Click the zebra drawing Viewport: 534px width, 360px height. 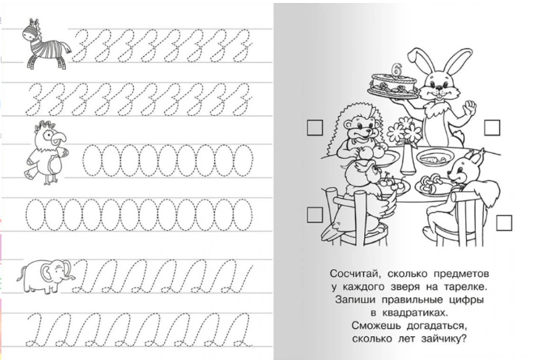point(46,44)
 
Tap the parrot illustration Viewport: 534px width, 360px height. point(46,152)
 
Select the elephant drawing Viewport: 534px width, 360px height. point(46,276)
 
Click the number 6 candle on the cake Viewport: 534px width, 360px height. point(396,69)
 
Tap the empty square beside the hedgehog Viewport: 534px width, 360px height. point(315,128)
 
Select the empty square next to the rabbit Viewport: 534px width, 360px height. point(492,127)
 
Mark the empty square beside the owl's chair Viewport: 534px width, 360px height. point(315,215)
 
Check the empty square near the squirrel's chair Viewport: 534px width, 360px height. point(504,223)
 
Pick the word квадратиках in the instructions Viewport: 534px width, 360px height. point(413,313)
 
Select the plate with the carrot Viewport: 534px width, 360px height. point(435,158)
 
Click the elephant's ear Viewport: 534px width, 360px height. point(47,271)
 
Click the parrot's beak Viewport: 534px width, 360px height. point(61,137)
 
